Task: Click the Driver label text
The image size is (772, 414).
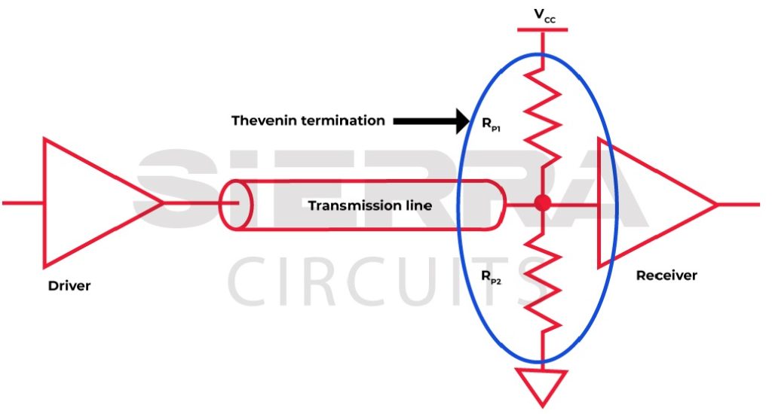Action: coord(69,285)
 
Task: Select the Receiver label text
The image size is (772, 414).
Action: coord(666,275)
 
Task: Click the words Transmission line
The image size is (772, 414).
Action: coord(369,205)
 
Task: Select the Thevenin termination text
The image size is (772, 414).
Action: coord(308,120)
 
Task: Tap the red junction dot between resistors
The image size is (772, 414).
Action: coord(541,203)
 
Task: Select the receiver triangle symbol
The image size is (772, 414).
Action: coord(648,203)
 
